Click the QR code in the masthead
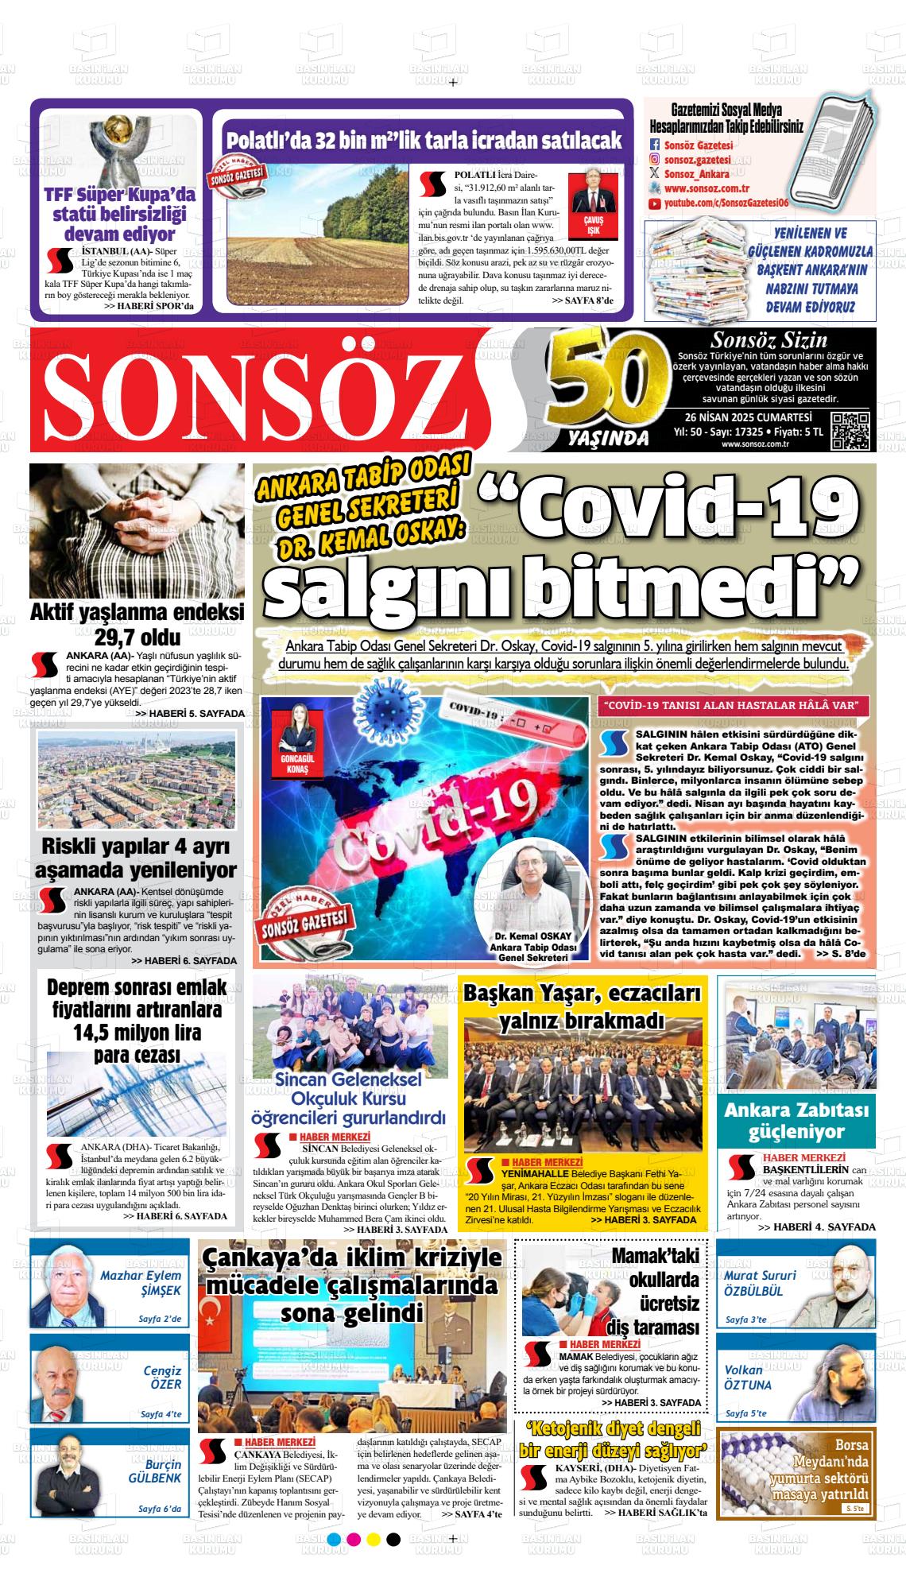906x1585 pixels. pyautogui.click(x=850, y=432)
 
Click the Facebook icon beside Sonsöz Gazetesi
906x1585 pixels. pyautogui.click(x=655, y=145)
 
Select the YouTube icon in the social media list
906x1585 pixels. pyautogui.click(x=655, y=204)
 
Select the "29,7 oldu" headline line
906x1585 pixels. pyautogui.click(x=137, y=637)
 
